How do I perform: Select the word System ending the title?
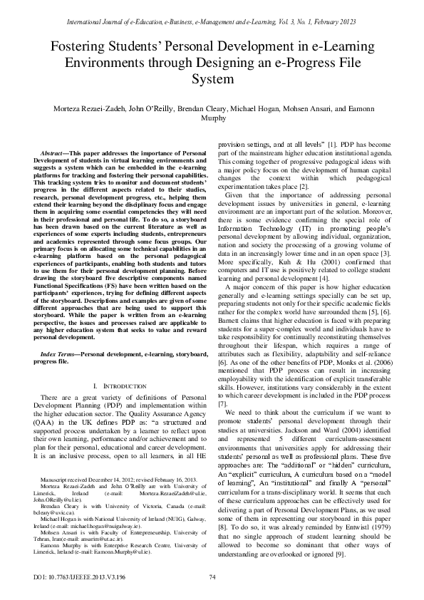coord(212,79)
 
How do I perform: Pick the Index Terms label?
coord(58,353)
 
